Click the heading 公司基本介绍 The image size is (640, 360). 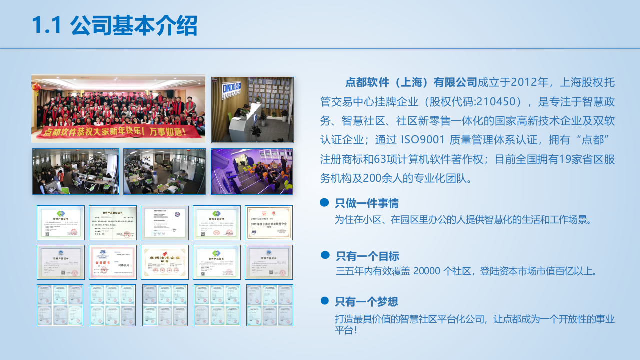click(134, 26)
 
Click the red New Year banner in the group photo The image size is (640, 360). click(118, 132)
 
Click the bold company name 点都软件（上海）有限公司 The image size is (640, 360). click(411, 82)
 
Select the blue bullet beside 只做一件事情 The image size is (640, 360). click(324, 202)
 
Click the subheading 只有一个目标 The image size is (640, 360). click(367, 256)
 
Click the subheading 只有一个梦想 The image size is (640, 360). click(366, 302)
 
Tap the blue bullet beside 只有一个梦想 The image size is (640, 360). click(325, 301)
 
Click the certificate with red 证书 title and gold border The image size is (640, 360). click(269, 223)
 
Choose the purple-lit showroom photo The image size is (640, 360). click(252, 171)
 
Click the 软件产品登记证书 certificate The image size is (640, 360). click(113, 223)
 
